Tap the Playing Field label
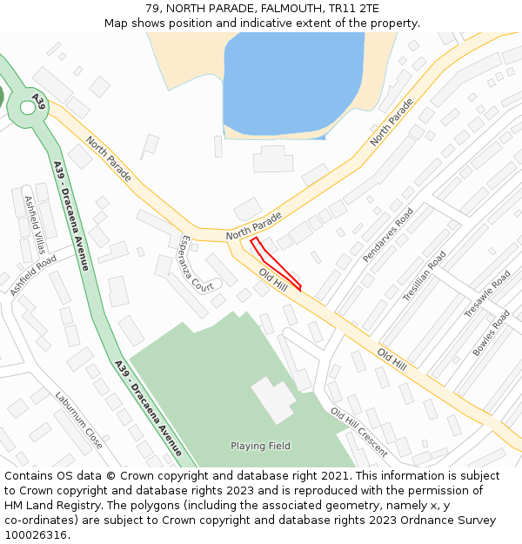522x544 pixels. click(260, 446)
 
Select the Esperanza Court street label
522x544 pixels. click(197, 263)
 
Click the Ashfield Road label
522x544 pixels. click(34, 275)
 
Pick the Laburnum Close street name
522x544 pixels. click(78, 420)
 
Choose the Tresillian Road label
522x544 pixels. click(424, 276)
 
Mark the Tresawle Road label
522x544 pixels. click(487, 294)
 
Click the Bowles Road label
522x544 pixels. click(491, 332)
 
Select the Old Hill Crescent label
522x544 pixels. click(358, 432)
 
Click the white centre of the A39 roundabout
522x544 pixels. click(27, 107)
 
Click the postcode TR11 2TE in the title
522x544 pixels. click(352, 9)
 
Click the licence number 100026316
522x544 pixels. click(36, 535)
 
